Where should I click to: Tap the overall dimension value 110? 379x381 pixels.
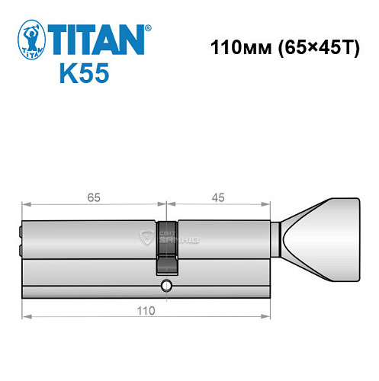[x=145, y=310]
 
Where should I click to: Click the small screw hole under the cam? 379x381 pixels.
[x=166, y=287]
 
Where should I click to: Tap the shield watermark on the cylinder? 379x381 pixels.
[x=148, y=239]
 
